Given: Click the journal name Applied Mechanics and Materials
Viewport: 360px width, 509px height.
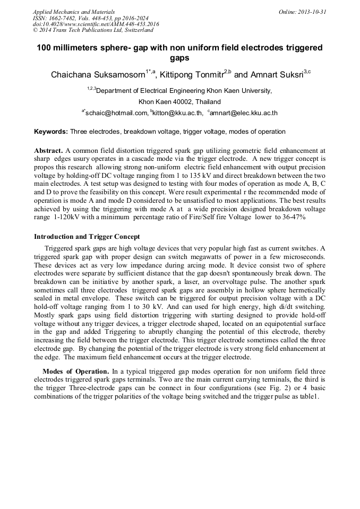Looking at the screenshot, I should [74, 12].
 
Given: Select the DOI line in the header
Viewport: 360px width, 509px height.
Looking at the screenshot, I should [96, 24].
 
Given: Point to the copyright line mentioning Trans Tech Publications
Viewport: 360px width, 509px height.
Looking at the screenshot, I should [93, 31].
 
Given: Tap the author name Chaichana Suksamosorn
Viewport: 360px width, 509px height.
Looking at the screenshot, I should [98, 75].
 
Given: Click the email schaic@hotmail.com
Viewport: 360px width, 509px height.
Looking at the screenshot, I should [117, 113].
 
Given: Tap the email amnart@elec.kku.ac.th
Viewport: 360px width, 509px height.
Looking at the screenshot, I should [244, 113].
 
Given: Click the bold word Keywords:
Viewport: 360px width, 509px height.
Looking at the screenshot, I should [51, 132].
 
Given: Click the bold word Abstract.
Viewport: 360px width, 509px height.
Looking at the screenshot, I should [48, 151].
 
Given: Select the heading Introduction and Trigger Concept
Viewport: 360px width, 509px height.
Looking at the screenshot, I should [87, 236].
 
